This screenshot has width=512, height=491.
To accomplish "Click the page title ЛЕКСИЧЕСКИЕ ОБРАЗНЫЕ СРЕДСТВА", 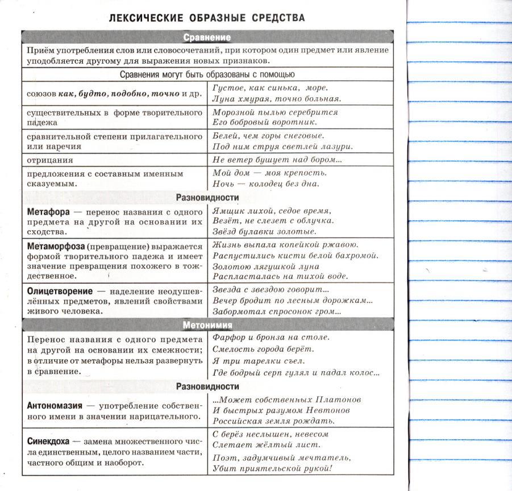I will click(x=207, y=18).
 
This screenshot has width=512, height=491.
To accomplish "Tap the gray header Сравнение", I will click(x=207, y=38).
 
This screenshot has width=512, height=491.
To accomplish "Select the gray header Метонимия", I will click(x=207, y=325).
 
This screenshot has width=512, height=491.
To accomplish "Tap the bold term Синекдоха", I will click(x=48, y=441).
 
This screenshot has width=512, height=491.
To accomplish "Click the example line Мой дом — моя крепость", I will click(x=270, y=173).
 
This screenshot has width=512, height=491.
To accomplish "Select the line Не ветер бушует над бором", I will click(x=277, y=160).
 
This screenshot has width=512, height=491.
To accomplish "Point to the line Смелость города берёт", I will click(x=263, y=349).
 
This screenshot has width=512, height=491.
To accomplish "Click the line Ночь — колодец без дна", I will click(x=266, y=184).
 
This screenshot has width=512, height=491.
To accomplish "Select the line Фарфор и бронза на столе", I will click(x=271, y=337).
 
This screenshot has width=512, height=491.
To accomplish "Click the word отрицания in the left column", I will click(x=49, y=160).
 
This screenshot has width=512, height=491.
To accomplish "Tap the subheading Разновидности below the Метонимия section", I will click(x=207, y=386).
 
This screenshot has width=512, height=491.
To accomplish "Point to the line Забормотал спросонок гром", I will click(x=277, y=311).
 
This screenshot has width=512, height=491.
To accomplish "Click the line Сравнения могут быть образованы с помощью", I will click(x=207, y=74).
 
